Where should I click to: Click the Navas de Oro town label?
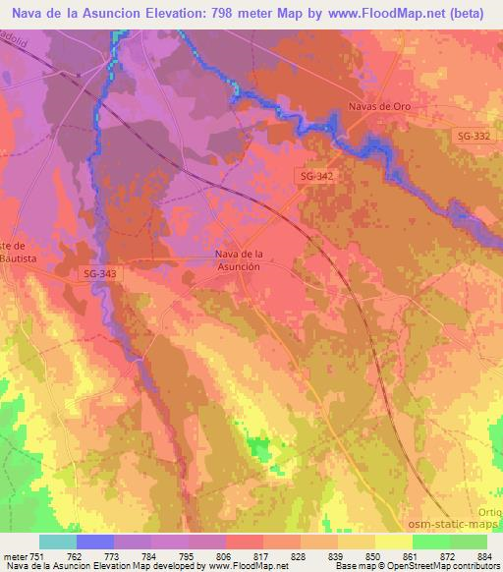[x=378, y=107]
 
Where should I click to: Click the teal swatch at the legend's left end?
[x=57, y=542]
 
